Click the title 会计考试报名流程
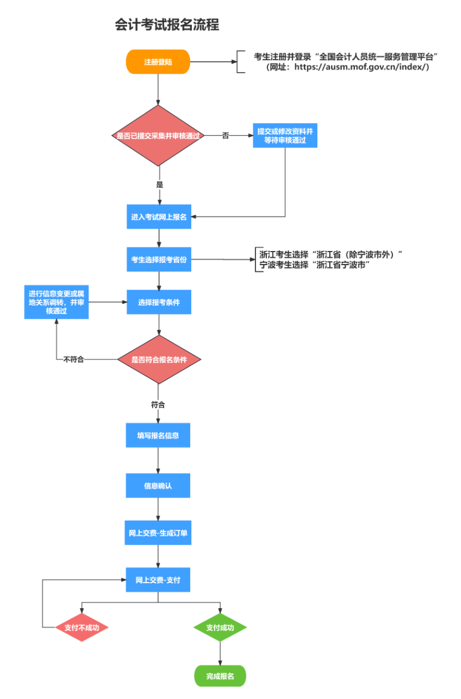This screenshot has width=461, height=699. [167, 25]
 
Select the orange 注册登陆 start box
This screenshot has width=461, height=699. [158, 62]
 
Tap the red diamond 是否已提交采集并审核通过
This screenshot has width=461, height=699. [158, 136]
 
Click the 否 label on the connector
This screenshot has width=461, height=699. [225, 136]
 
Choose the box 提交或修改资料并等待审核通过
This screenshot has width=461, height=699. [285, 136]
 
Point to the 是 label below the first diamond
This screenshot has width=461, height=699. [160, 185]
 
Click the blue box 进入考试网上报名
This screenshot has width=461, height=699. [159, 217]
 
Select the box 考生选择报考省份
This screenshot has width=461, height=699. [159, 259]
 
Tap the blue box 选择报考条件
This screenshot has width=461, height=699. [159, 303]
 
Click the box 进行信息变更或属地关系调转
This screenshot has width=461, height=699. [57, 303]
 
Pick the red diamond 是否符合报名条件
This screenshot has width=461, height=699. [159, 359]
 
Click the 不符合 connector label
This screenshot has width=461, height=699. [74, 359]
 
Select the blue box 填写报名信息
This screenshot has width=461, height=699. [158, 436]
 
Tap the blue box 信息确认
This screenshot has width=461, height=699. [158, 486]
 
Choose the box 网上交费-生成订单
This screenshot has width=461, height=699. [158, 533]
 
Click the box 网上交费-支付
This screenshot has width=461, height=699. [158, 580]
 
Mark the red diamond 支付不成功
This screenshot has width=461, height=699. [82, 627]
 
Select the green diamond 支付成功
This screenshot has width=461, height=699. [220, 627]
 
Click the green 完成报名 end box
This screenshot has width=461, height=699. [220, 676]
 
